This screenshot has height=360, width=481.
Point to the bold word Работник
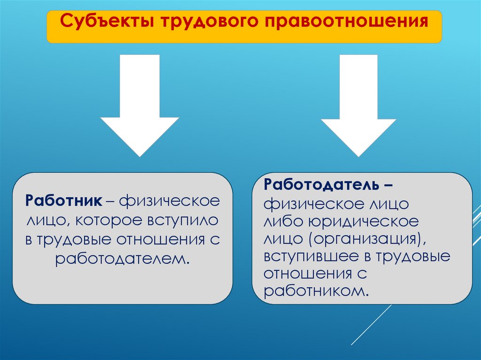point(64,200)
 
